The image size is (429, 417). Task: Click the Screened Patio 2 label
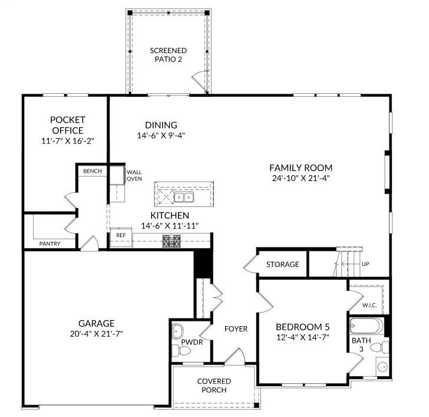(168, 55)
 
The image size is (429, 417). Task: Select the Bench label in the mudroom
(93, 171)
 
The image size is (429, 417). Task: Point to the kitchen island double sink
(183, 197)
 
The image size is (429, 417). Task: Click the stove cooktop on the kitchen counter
(171, 240)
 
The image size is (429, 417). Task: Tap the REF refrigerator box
(121, 235)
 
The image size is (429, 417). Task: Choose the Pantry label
(49, 244)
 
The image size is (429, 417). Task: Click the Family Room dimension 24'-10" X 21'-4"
(301, 178)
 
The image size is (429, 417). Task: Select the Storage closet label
(282, 264)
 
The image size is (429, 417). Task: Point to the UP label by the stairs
(365, 264)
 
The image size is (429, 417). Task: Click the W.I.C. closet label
(369, 305)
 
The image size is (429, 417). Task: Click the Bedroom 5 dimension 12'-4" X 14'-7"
(302, 337)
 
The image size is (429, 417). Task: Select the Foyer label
(236, 329)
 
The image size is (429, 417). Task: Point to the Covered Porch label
(214, 386)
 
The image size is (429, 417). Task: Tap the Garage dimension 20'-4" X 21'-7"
(96, 333)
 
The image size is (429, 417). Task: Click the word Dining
(161, 124)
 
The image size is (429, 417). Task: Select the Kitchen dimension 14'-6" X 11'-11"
(170, 226)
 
